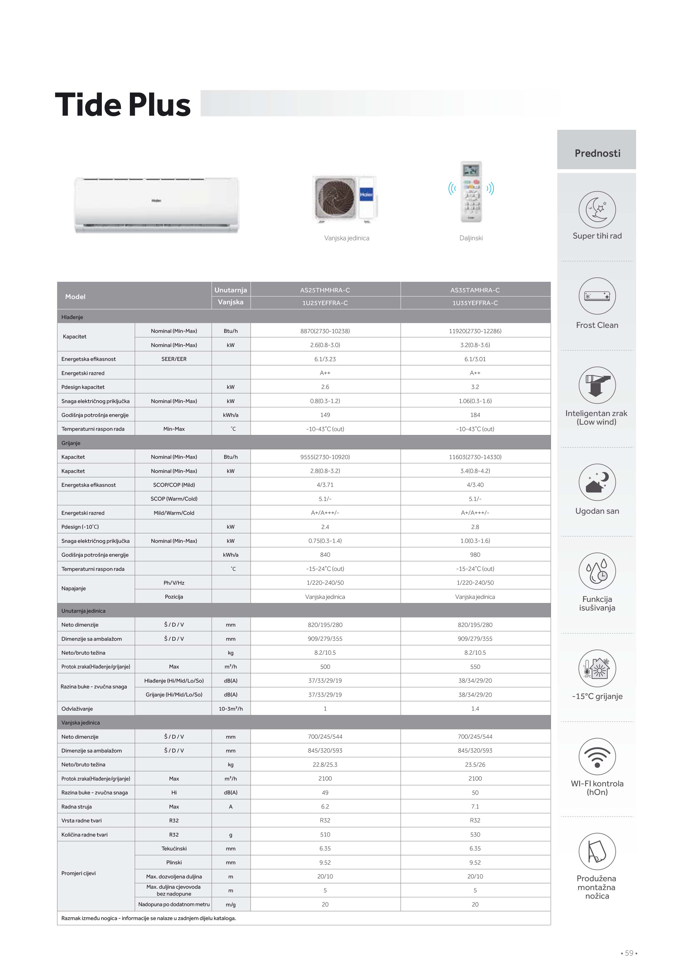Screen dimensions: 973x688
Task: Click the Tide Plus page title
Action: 123,105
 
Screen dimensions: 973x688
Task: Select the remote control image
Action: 471,192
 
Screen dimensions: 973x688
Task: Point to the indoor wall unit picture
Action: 156,205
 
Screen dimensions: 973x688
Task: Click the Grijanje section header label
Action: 71,443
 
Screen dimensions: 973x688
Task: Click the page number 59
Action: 629,953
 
